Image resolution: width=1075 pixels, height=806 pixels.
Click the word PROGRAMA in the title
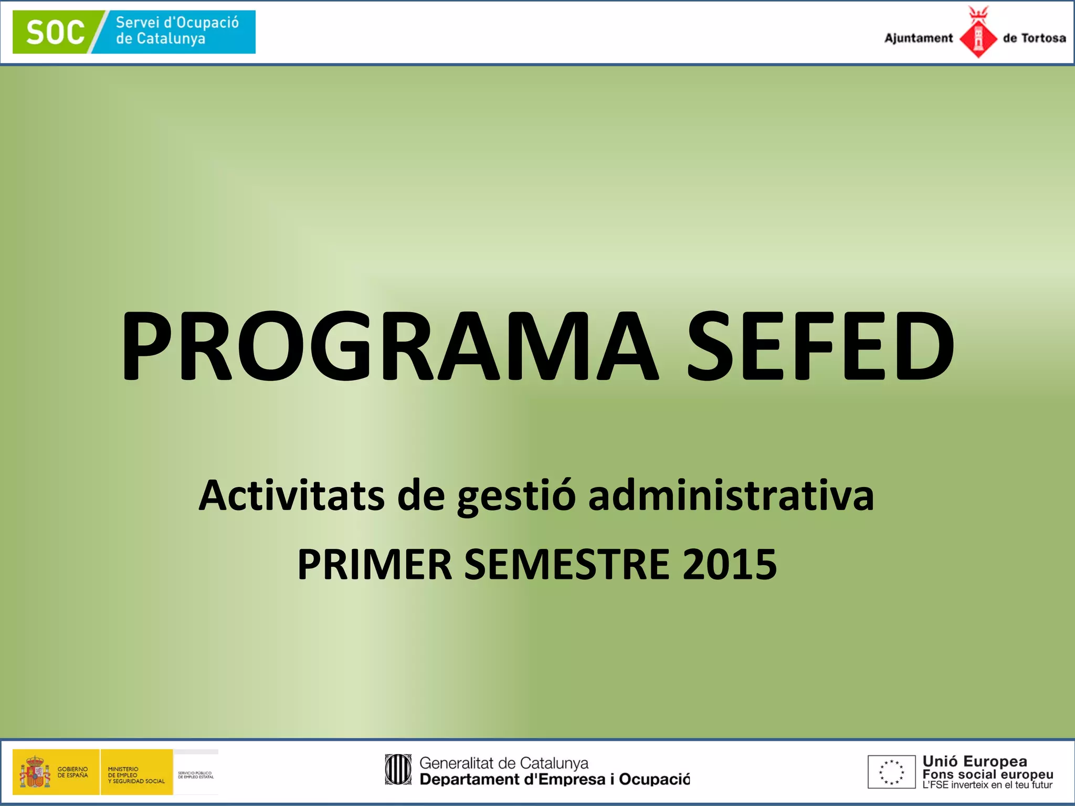[388, 346]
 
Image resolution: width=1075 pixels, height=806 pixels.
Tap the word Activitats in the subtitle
[291, 495]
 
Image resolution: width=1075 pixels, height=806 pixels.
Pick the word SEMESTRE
[567, 565]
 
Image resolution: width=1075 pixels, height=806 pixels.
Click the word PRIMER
[374, 565]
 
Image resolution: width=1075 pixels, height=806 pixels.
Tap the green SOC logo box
[55, 32]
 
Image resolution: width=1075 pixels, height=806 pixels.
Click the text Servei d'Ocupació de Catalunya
[177, 30]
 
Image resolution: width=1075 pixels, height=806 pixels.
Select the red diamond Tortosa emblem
[978, 37]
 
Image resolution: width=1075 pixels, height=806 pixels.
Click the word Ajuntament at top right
[918, 38]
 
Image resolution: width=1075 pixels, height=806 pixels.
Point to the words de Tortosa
[1034, 38]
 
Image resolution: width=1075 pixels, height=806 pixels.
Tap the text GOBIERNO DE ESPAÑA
[72, 772]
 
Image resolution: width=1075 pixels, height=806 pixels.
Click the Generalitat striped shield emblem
[398, 770]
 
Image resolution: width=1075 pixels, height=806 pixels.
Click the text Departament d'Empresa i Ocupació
[554, 780]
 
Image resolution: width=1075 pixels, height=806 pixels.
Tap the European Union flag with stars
[891, 772]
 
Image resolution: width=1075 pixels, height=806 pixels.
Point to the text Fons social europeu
[987, 775]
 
